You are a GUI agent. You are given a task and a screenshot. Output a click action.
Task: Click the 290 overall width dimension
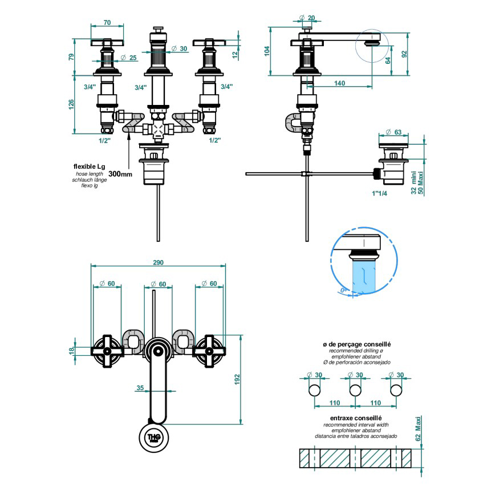(x=158, y=262)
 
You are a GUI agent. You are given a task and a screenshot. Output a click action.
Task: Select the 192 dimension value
(x=237, y=379)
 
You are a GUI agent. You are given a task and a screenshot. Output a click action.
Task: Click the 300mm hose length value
(x=120, y=173)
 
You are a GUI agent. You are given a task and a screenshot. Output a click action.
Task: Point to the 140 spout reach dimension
(x=339, y=83)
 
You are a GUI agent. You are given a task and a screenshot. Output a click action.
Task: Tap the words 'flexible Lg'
(x=89, y=166)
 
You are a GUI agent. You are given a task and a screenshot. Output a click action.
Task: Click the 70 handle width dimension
(x=107, y=23)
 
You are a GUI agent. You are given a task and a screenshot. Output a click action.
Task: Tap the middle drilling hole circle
(x=355, y=390)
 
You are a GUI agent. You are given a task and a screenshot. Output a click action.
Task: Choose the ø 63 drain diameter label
(x=393, y=132)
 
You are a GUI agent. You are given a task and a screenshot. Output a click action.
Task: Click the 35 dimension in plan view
(x=140, y=388)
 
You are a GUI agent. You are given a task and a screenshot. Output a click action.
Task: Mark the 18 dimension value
(x=72, y=351)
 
